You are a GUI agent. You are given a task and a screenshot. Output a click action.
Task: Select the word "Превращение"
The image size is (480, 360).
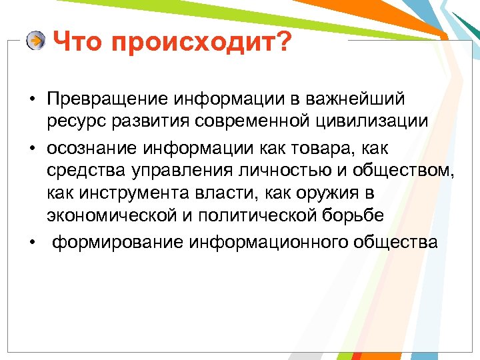click(107, 99)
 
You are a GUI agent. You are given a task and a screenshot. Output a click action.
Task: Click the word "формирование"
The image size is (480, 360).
click(117, 241)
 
